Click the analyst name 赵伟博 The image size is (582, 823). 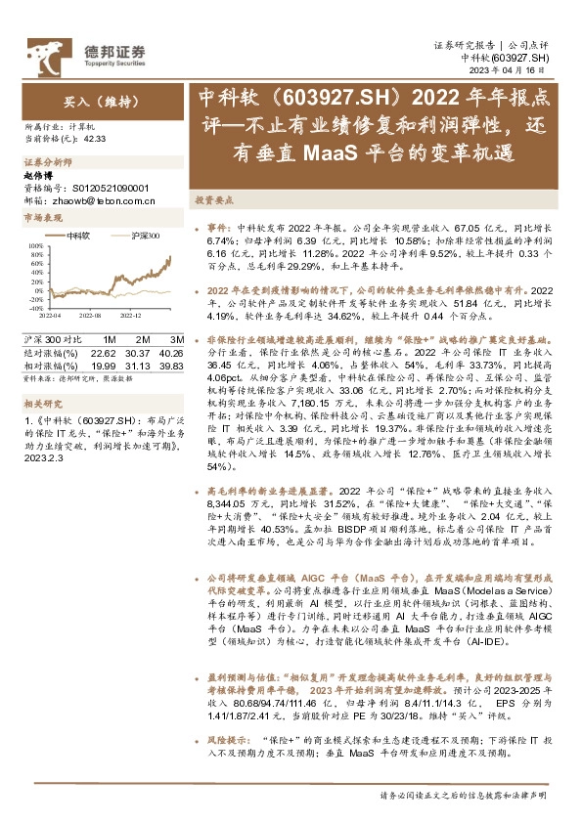coord(39,173)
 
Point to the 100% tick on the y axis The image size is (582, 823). coord(35,246)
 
